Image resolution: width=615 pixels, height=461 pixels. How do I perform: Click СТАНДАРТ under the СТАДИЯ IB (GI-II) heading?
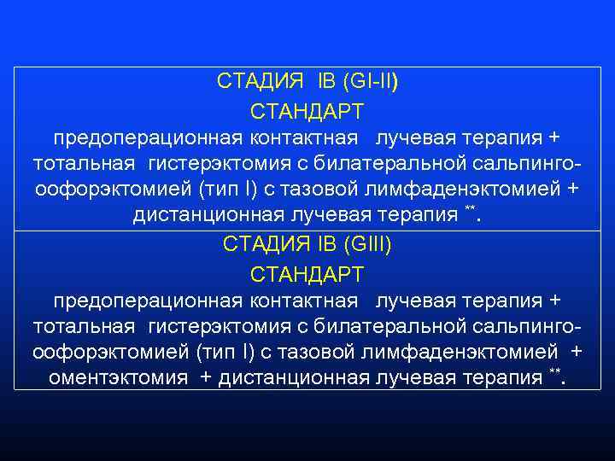[307, 112]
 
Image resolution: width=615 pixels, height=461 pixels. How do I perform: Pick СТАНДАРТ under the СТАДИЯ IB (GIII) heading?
[307, 275]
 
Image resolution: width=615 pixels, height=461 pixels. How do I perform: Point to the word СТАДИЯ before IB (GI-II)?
[260, 81]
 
